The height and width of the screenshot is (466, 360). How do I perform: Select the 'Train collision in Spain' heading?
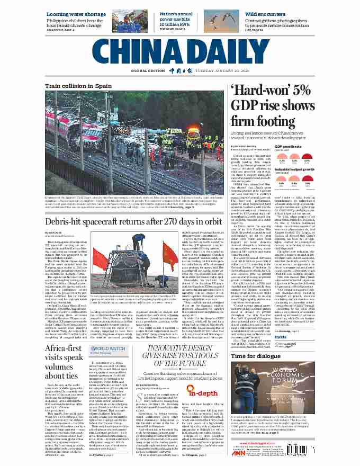click(78, 86)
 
